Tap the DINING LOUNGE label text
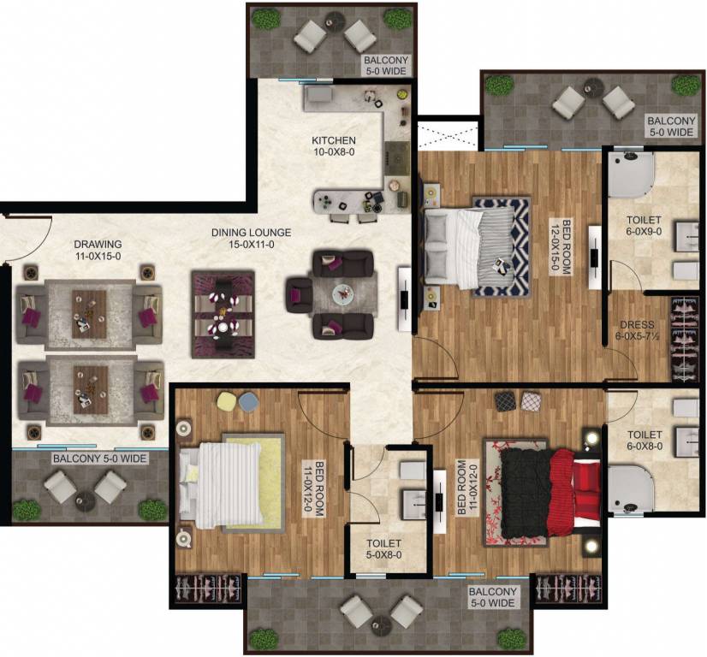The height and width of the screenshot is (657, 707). point(252,238)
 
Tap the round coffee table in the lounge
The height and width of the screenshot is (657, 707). point(343,293)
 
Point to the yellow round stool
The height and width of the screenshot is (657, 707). point(226,400)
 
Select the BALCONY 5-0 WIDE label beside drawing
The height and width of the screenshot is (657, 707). point(100,459)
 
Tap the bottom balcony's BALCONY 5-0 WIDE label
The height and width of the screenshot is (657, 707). point(492,597)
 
